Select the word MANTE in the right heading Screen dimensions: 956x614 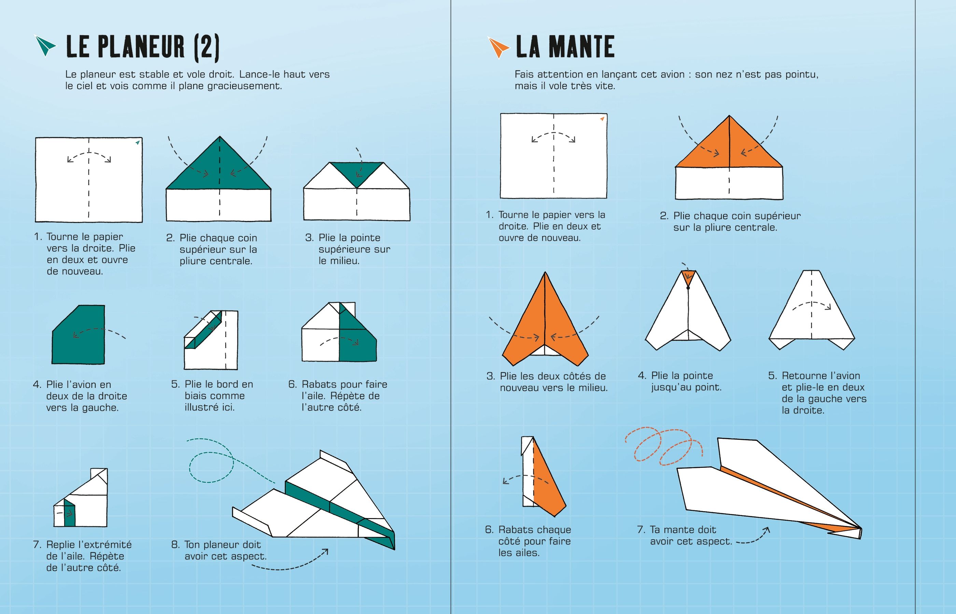coord(583,47)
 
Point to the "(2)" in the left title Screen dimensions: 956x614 coord(207,47)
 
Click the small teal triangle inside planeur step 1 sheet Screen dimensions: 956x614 coord(138,142)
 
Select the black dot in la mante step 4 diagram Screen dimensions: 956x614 coord(688,288)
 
